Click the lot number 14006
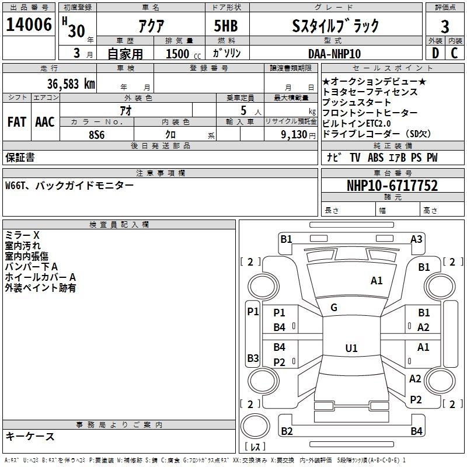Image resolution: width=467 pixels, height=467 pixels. tap(29, 25)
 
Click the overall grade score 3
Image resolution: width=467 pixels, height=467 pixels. tap(445, 26)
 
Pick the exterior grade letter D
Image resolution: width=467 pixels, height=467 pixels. tap(435, 53)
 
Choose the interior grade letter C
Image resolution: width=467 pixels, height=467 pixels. tap(454, 53)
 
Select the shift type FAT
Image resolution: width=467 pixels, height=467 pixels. tap(17, 122)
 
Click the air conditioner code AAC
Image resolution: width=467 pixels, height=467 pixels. tap(45, 122)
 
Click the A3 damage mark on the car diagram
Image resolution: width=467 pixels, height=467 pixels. tap(416, 239)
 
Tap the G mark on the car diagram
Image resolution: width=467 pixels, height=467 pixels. tap(334, 308)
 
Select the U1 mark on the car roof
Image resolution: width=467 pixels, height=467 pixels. tap(351, 348)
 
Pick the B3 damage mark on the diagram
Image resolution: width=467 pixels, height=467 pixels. tap(253, 358)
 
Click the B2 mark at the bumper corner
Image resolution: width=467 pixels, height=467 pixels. tap(287, 431)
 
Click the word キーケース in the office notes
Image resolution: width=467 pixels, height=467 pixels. tap(30, 436)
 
